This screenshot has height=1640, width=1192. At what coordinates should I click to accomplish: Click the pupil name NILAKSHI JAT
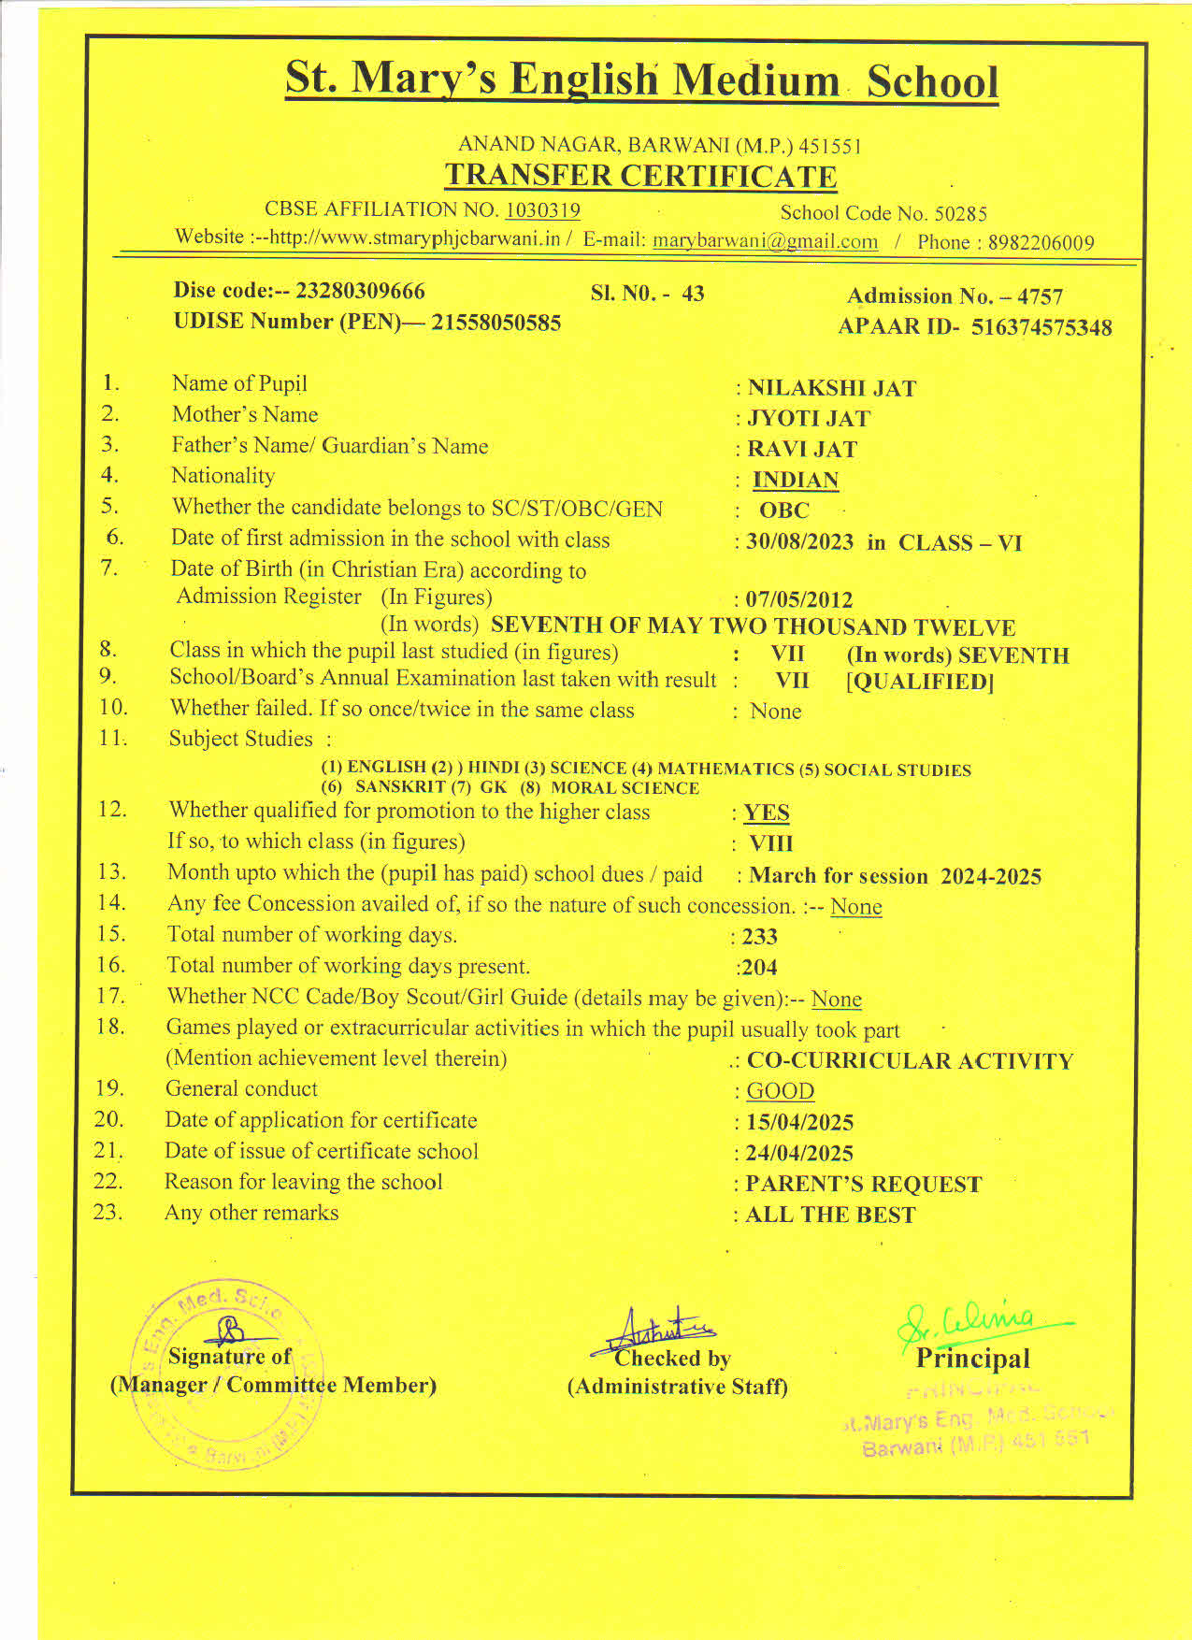tap(831, 388)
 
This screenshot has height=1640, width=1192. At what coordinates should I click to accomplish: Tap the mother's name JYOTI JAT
tap(809, 419)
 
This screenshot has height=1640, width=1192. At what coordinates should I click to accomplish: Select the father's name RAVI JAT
tap(802, 450)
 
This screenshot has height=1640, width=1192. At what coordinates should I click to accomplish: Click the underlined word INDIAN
tap(796, 481)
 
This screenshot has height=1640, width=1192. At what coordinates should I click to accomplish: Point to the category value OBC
tap(783, 511)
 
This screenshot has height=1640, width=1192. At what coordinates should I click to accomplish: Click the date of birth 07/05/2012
tap(799, 599)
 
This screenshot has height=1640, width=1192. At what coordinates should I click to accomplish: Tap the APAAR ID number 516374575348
tap(1041, 327)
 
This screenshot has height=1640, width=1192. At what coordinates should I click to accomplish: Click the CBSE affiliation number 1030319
tap(542, 210)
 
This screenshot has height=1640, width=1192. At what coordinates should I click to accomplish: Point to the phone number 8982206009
tap(1041, 243)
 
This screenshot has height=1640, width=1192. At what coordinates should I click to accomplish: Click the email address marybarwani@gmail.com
tap(765, 241)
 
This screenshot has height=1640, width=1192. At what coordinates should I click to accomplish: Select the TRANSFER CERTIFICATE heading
tap(640, 176)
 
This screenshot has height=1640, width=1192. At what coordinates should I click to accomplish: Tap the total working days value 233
tap(759, 937)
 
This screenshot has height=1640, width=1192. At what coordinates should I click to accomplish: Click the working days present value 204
tap(758, 968)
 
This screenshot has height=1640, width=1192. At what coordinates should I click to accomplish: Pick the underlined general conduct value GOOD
tap(780, 1091)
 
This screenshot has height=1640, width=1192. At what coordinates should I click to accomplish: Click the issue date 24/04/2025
tap(799, 1153)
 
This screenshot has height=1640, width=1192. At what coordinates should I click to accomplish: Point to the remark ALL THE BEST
tap(830, 1215)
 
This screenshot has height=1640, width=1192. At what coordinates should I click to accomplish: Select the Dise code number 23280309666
tap(360, 291)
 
